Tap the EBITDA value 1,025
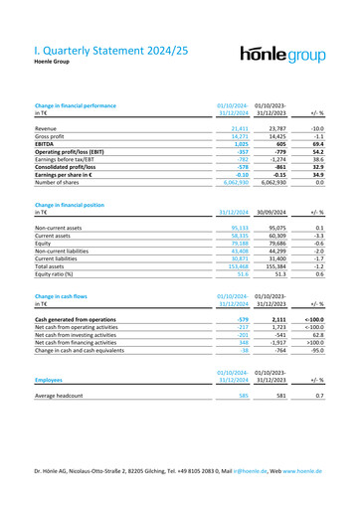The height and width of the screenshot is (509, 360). [236, 146]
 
